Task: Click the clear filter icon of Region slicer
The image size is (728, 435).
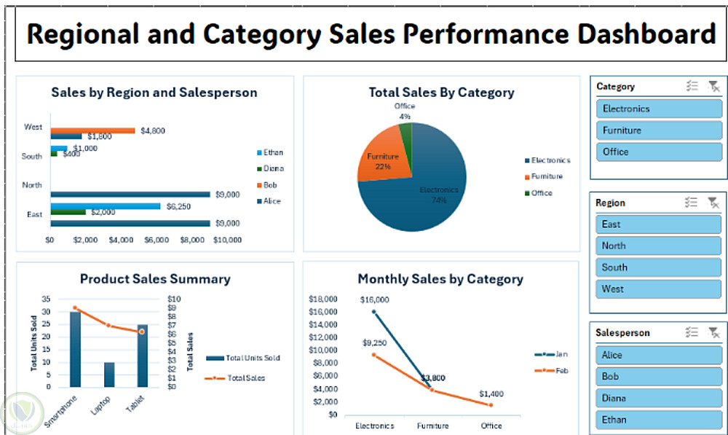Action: (x=713, y=203)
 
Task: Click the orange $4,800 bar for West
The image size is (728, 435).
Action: (x=92, y=130)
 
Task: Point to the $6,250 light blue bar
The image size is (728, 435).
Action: (x=105, y=206)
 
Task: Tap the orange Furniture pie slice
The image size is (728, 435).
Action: (x=381, y=156)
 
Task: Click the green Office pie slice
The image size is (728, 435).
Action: (x=405, y=130)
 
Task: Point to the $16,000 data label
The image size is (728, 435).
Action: (x=374, y=299)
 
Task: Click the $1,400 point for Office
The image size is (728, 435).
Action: (x=491, y=405)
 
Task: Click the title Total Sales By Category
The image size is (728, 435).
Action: (x=441, y=93)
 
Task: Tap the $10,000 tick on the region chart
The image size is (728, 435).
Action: (x=227, y=239)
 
